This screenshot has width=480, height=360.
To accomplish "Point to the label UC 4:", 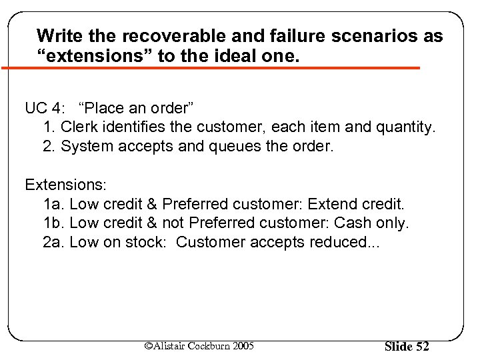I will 47,108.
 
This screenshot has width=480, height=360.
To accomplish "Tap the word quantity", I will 406,127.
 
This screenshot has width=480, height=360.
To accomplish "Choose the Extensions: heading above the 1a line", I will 61,184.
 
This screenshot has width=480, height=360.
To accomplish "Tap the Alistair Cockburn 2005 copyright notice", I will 199,345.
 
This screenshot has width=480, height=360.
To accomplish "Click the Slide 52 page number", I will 407,346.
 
